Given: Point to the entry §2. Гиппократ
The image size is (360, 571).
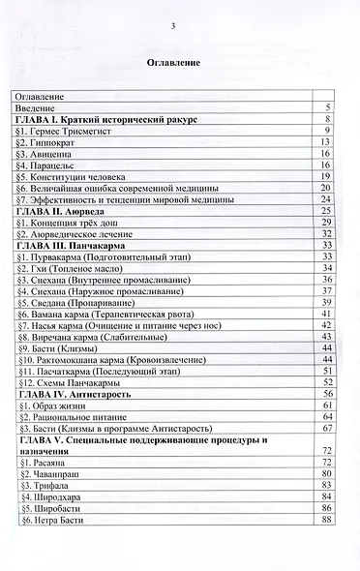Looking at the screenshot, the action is tap(52, 141).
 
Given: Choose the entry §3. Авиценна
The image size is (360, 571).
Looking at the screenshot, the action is tap(50, 153).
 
